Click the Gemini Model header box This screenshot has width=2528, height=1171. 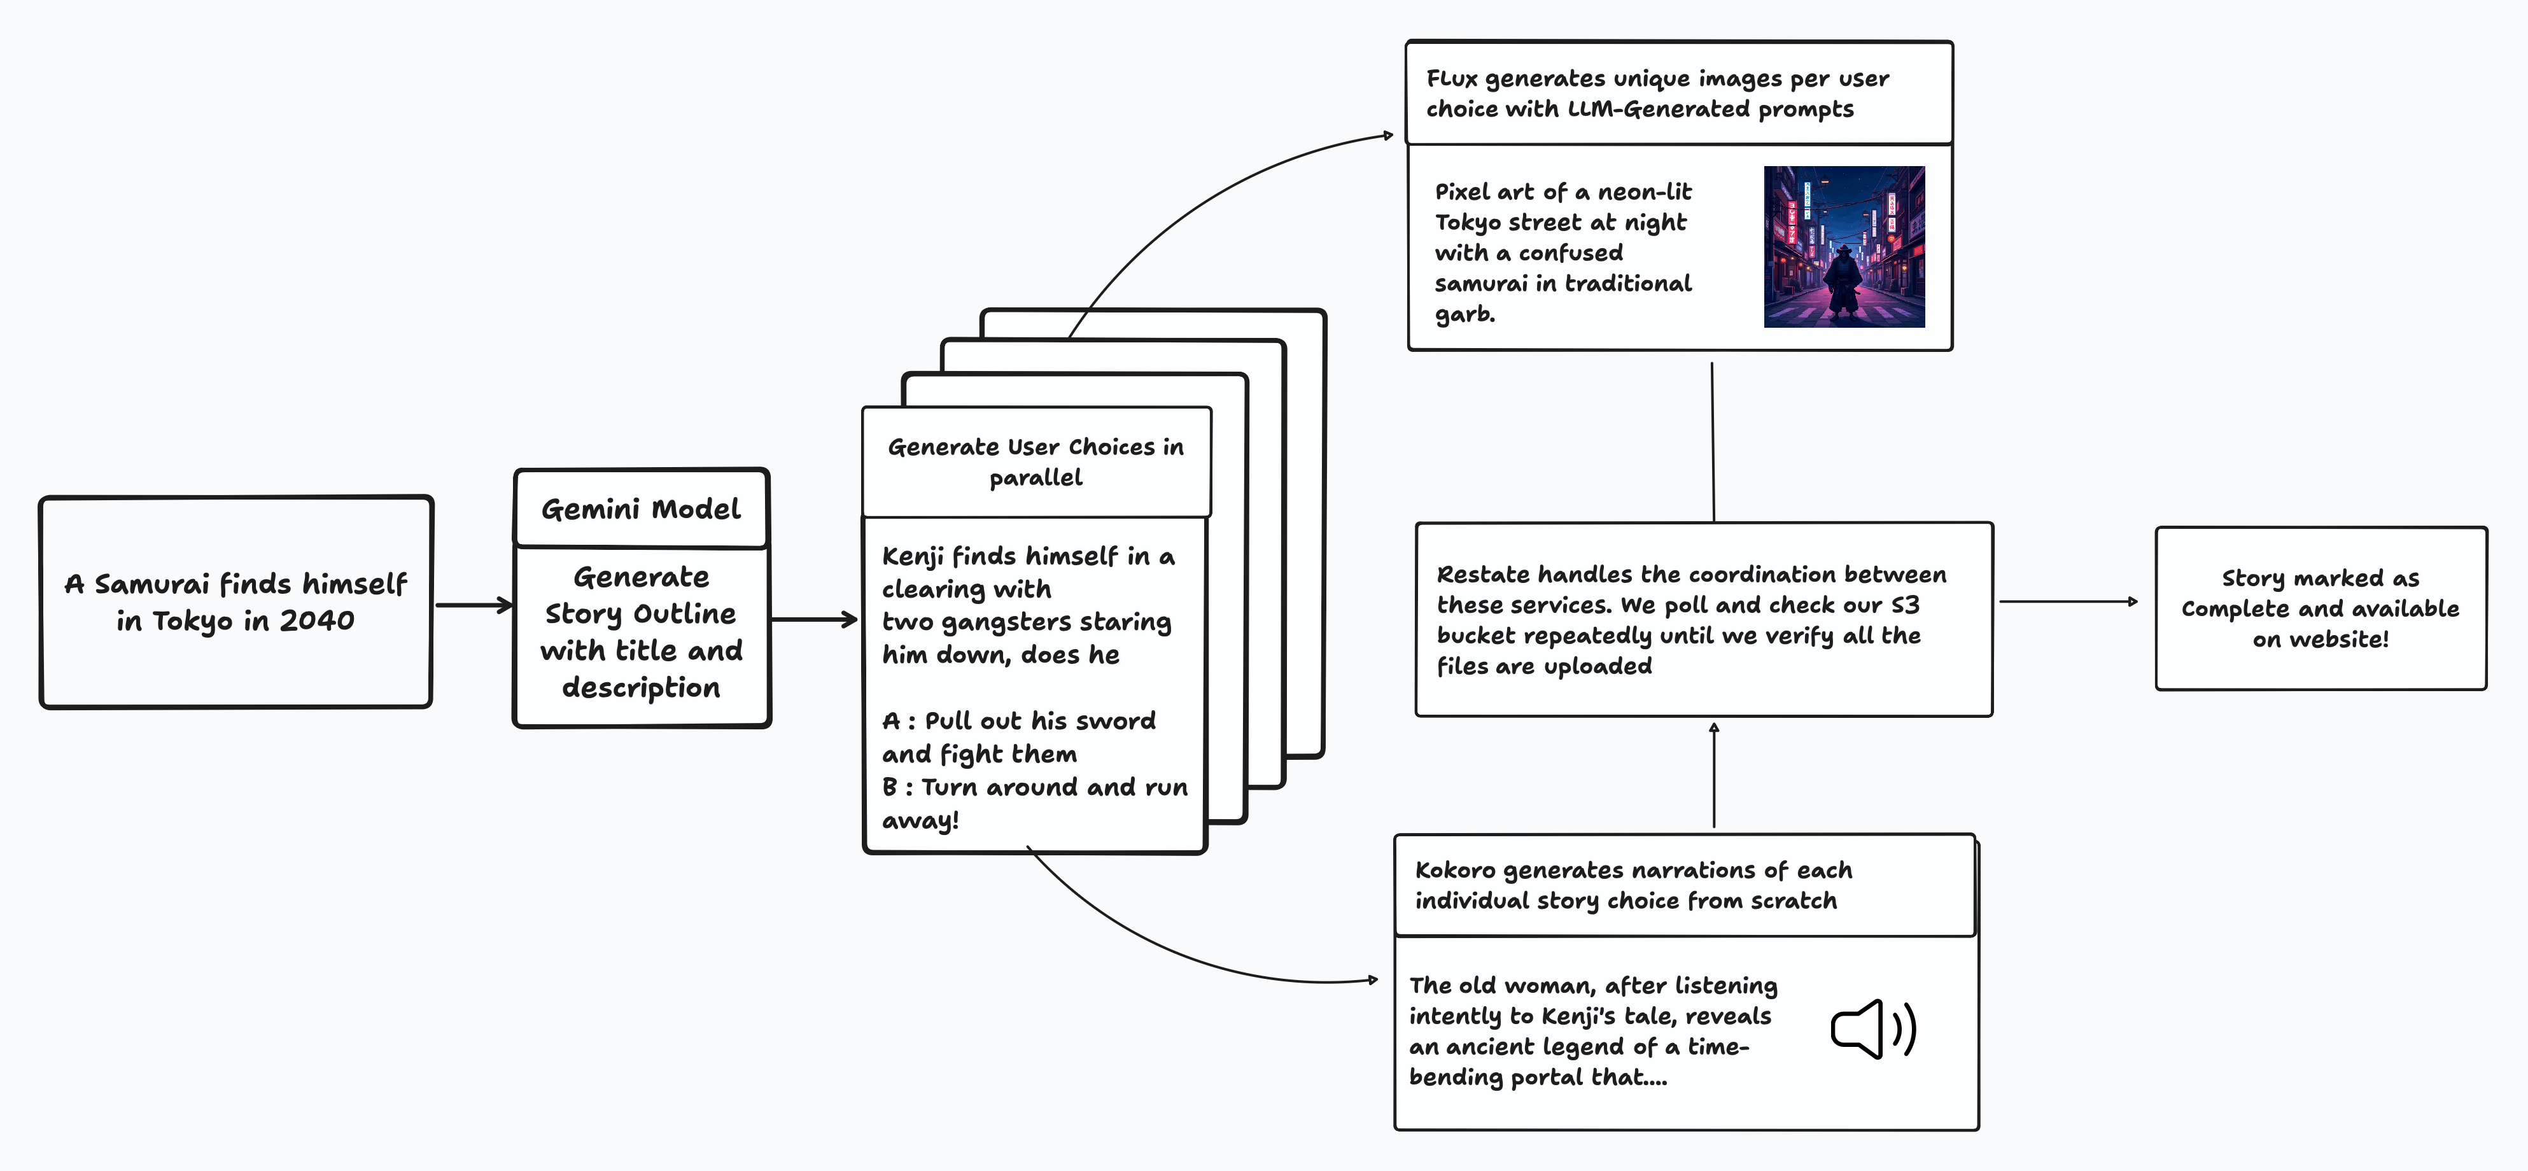(x=641, y=508)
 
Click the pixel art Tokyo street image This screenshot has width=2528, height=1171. (x=1844, y=246)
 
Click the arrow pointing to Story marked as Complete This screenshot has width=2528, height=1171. (x=2068, y=601)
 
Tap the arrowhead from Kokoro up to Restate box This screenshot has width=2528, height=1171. (x=1713, y=728)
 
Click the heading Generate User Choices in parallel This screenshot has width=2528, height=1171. (x=1036, y=461)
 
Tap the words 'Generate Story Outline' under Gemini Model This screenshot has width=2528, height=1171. (x=641, y=595)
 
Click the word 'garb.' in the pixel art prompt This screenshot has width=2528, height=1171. (x=1464, y=314)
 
